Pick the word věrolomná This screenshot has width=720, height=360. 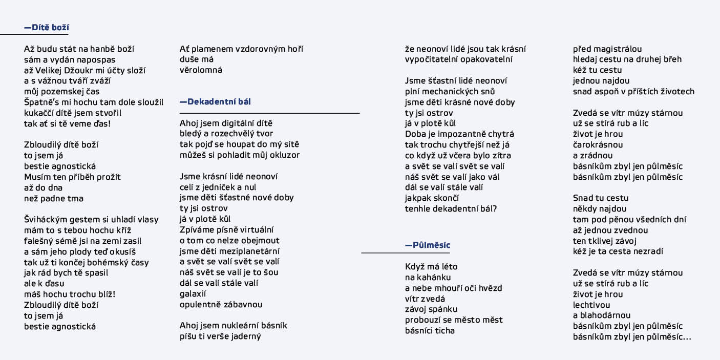click(201, 70)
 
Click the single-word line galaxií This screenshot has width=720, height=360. click(193, 294)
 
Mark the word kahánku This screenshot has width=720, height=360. click(434, 278)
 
